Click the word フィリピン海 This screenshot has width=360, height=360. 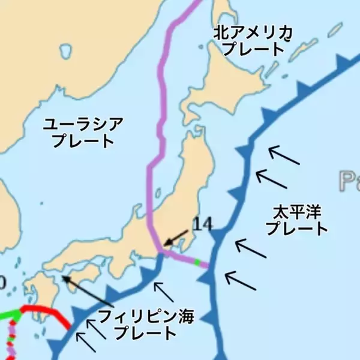[146, 316]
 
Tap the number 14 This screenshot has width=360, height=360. [203, 224]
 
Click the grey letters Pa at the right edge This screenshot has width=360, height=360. [349, 179]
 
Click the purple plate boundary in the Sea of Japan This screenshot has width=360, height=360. [160, 120]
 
